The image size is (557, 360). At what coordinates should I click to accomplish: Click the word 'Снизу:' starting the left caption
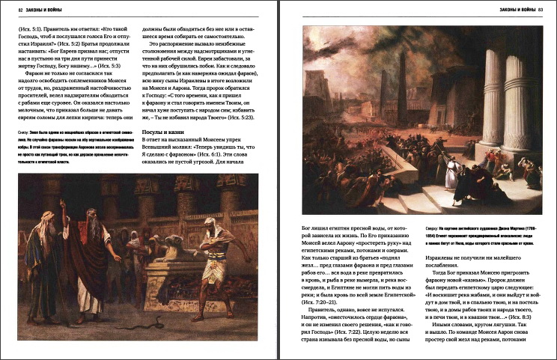[21, 132]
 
